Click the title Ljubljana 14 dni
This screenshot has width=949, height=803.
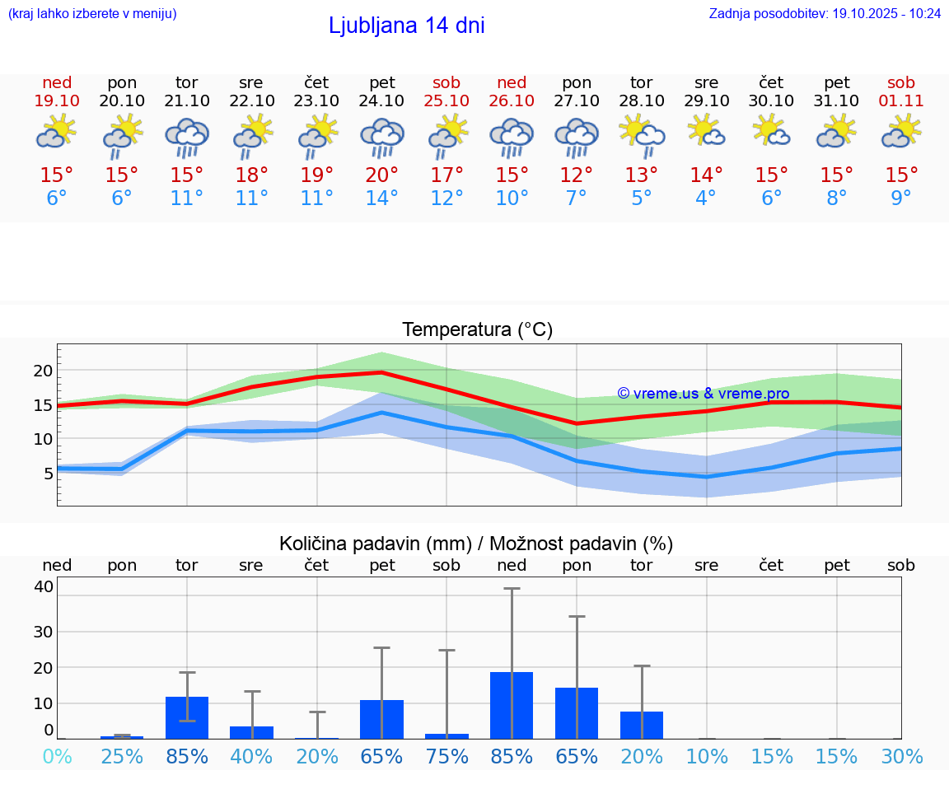pyautogui.click(x=406, y=26)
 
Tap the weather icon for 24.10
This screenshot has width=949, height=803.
pyautogui.click(x=382, y=137)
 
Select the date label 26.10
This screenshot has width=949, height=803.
pyautogui.click(x=512, y=100)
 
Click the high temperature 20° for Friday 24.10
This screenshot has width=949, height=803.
pyautogui.click(x=382, y=175)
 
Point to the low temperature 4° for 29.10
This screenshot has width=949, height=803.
pyautogui.click(x=706, y=198)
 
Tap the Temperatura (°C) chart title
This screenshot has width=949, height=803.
pyautogui.click(x=477, y=329)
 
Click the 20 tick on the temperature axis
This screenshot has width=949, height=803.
pyautogui.click(x=43, y=371)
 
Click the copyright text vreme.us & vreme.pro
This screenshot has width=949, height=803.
pyautogui.click(x=704, y=394)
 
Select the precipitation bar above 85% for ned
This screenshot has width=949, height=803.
pyautogui.click(x=512, y=705)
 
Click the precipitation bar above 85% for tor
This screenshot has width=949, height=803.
pyautogui.click(x=187, y=717)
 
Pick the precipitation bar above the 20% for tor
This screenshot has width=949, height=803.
pyautogui.click(x=642, y=725)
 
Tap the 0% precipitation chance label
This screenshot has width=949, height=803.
pyautogui.click(x=57, y=757)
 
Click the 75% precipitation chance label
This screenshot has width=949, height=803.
pyautogui.click(x=446, y=757)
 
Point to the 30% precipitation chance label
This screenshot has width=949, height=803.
pyautogui.click(x=901, y=757)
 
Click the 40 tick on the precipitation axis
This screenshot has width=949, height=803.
pyautogui.click(x=44, y=586)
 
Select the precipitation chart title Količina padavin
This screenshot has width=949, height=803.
pyautogui.click(x=476, y=544)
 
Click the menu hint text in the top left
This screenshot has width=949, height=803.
pyautogui.click(x=91, y=13)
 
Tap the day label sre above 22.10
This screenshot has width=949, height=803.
pyautogui.click(x=251, y=82)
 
